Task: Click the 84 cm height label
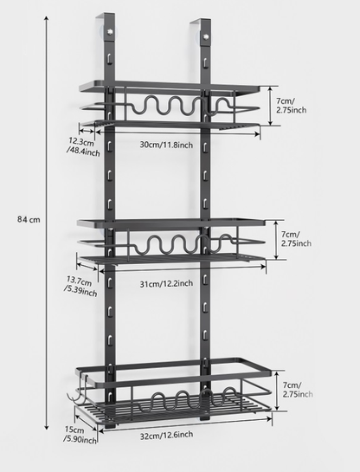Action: tap(29, 219)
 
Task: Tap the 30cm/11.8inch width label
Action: tap(166, 145)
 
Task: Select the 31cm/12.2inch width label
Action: tap(166, 283)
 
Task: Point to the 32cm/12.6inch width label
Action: tap(167, 435)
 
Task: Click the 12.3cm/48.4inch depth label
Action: tap(83, 146)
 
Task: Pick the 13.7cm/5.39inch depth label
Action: tap(80, 287)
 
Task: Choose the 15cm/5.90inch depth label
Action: tap(80, 436)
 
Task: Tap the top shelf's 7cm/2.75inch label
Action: tap(291, 105)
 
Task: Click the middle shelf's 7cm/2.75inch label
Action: tap(296, 238)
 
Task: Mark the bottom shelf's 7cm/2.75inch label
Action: tap(298, 389)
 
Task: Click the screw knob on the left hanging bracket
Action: tap(110, 31)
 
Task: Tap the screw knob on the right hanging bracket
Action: tap(206, 36)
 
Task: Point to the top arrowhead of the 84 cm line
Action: tap(47, 18)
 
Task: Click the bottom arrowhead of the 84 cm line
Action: tap(47, 427)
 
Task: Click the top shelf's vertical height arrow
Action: tap(270, 106)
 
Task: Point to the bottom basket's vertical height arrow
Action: tap(278, 391)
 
